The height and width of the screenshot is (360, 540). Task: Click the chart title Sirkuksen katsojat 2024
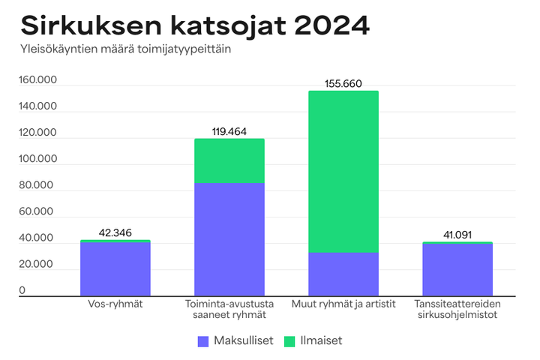[x=195, y=25]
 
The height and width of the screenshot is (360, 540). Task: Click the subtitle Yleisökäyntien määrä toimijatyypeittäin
[x=125, y=50]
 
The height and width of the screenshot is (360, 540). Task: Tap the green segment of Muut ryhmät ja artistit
[x=343, y=171]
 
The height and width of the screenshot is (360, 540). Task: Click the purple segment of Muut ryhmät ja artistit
[x=343, y=274]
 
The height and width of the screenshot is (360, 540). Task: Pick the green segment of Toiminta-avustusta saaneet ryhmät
[x=229, y=160]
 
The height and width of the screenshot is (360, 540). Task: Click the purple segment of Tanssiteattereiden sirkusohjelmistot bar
[x=457, y=269]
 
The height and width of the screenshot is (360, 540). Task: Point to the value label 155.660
[x=343, y=84]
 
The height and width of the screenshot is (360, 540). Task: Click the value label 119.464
[x=229, y=131]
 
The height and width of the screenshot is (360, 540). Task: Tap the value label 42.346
[x=115, y=232]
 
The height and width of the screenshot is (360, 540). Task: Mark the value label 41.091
[x=457, y=235]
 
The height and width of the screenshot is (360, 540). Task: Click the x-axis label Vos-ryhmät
[x=115, y=304]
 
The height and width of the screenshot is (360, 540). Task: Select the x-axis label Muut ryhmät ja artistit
[x=343, y=304]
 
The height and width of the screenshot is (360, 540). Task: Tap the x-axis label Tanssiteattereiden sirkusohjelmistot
[x=457, y=309]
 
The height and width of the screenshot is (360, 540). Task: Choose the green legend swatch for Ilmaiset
[x=290, y=340]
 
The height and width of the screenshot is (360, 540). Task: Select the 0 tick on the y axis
[x=22, y=290]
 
